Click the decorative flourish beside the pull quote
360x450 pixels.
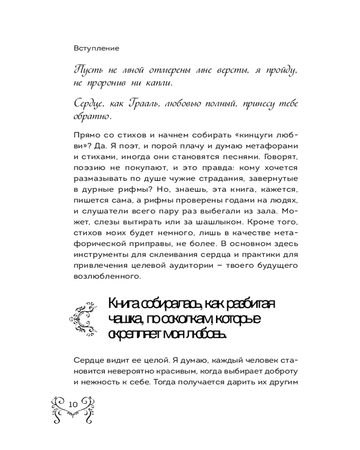point(85,319)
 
